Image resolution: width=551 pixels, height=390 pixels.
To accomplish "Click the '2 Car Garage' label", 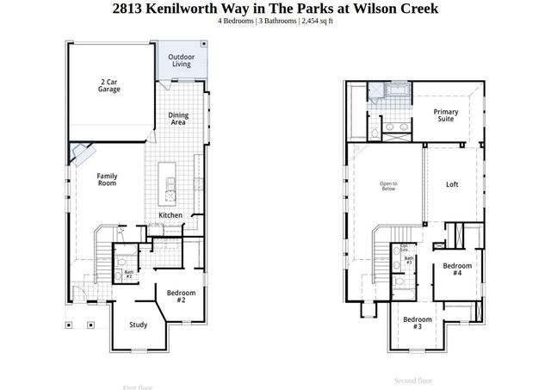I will click(x=108, y=84).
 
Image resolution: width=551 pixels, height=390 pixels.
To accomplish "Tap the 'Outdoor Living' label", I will click(x=181, y=61).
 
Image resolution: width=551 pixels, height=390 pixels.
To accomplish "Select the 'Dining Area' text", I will click(x=178, y=119).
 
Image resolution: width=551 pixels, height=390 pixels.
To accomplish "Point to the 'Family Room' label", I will click(x=107, y=178).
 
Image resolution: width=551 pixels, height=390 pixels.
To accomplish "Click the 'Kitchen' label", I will click(x=170, y=215).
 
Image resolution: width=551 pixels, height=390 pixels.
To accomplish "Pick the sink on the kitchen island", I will click(x=170, y=183).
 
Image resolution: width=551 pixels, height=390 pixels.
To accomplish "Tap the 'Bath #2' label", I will click(x=128, y=275).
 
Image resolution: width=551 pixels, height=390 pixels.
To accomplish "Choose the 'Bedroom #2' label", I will click(x=182, y=296).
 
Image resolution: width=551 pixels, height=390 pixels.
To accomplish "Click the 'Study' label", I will click(x=138, y=325).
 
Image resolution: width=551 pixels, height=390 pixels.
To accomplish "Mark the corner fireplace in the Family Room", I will click(x=80, y=153).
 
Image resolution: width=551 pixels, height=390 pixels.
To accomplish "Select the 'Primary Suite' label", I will click(x=445, y=116).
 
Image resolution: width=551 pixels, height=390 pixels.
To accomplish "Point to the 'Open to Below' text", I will click(x=388, y=187).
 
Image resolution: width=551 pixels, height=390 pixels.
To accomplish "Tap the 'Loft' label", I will click(x=452, y=184).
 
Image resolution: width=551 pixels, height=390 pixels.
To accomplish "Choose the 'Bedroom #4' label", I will click(x=457, y=269).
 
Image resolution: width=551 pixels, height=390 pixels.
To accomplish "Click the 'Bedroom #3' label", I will click(x=417, y=324).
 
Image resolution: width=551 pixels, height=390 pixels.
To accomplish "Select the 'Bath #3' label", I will click(x=409, y=260).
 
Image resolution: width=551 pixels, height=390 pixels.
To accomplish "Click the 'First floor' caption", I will click(x=138, y=387).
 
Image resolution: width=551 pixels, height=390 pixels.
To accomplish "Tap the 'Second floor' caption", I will click(x=412, y=380).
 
